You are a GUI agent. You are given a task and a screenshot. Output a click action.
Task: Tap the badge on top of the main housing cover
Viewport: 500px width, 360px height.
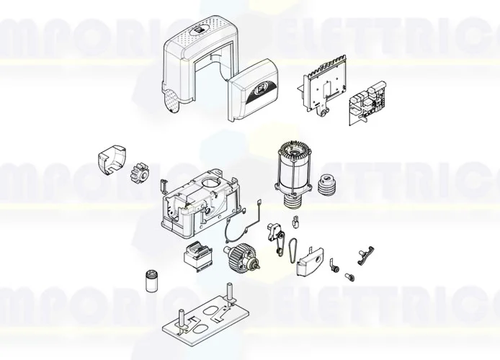(x=198, y=31)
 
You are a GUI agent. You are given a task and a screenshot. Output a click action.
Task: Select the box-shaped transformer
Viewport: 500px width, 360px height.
(x=197, y=255)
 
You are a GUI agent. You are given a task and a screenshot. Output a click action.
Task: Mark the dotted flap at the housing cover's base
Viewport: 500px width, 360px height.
(x=172, y=101)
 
